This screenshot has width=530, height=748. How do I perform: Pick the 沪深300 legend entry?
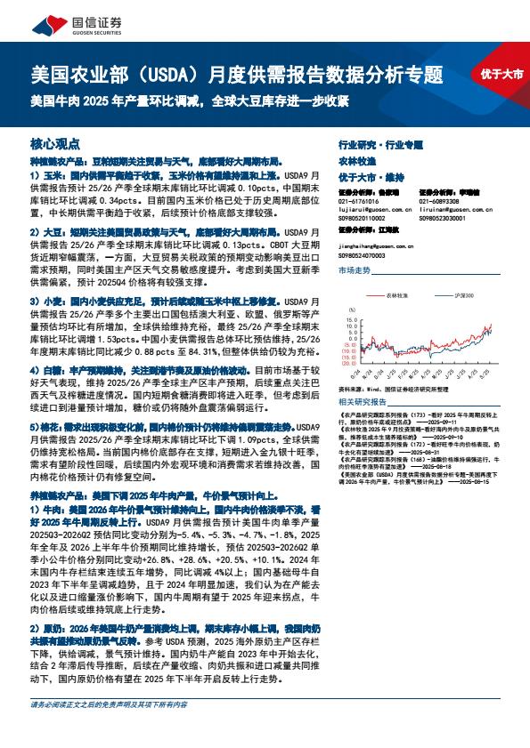click(x=464, y=295)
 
